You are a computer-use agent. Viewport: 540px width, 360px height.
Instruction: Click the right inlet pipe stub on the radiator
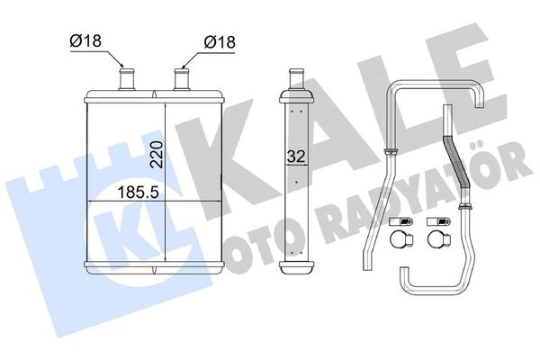tap(182, 78)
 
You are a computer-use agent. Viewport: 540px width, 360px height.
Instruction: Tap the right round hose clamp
tap(438, 240)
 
